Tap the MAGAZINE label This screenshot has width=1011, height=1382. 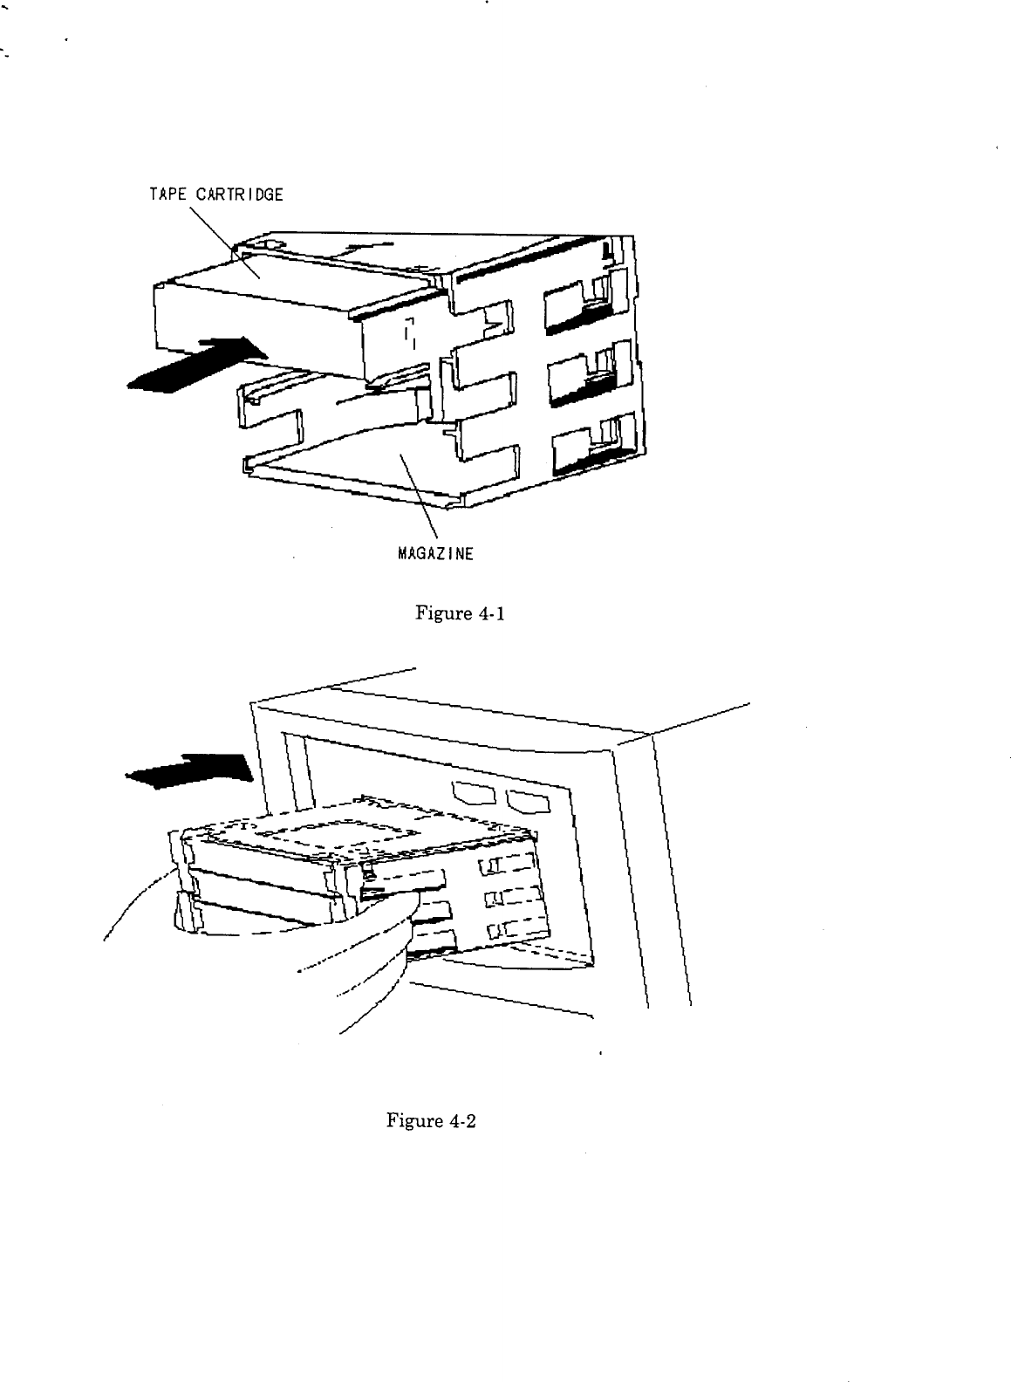click(435, 553)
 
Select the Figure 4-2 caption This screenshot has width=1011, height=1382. click(431, 1121)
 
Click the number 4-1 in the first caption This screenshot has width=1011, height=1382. click(488, 613)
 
